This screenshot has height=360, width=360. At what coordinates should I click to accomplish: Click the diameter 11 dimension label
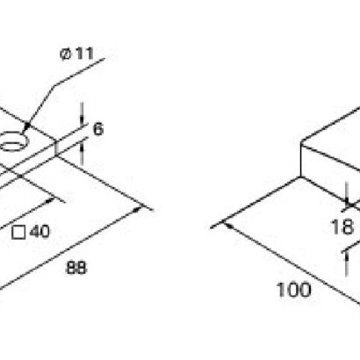point(77,54)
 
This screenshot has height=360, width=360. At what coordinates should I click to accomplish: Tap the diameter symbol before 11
point(65,54)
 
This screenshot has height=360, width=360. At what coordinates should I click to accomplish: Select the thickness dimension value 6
point(98,129)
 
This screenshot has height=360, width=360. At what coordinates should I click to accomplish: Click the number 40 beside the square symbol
point(40,232)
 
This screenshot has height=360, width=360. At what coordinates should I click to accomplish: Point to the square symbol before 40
point(18,233)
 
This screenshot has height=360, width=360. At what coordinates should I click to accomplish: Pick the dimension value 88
point(76,268)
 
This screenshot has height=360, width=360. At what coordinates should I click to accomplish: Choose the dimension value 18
point(342,227)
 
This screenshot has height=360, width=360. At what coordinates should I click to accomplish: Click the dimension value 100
point(293,290)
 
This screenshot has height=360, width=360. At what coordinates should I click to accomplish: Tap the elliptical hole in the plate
point(13,141)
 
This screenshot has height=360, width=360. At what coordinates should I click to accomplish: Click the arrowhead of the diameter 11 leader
point(27,126)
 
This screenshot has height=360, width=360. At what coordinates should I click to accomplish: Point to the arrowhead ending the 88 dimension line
point(138,209)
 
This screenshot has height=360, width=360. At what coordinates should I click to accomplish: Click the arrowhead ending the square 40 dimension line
point(50,200)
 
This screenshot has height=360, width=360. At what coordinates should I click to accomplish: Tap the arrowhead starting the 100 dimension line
point(227,225)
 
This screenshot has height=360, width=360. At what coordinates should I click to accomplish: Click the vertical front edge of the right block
point(301,160)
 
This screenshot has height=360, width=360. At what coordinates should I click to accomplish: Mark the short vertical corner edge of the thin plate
point(55,148)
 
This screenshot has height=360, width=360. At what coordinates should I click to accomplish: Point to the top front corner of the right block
point(301,142)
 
